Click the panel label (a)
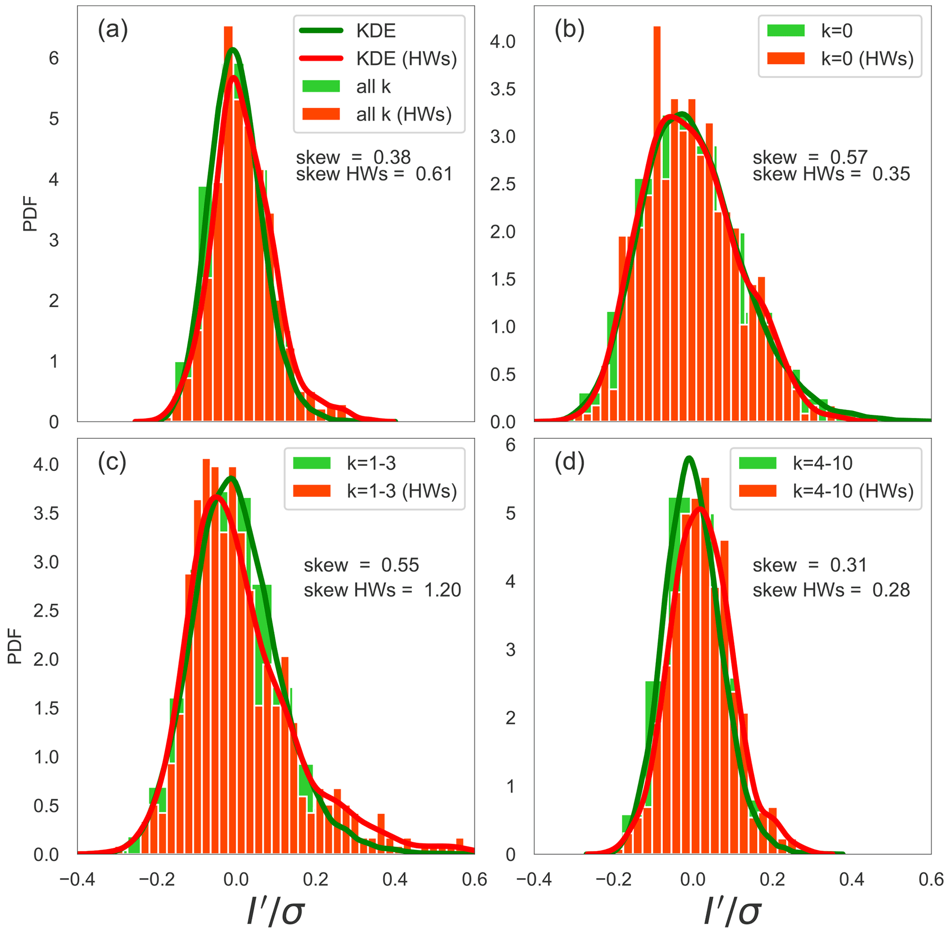click(113, 30)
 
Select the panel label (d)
click(569, 462)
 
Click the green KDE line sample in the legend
click(321, 30)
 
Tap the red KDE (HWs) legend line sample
click(321, 58)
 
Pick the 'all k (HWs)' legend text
click(404, 114)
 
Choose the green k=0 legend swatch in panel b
click(785, 30)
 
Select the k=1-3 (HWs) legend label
click(402, 490)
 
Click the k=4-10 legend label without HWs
click(823, 463)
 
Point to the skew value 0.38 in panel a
click(392, 157)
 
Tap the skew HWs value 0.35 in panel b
click(891, 174)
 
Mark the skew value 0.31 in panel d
click(848, 565)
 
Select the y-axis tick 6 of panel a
click(54, 58)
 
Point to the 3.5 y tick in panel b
click(502, 89)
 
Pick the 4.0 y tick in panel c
click(46, 464)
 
